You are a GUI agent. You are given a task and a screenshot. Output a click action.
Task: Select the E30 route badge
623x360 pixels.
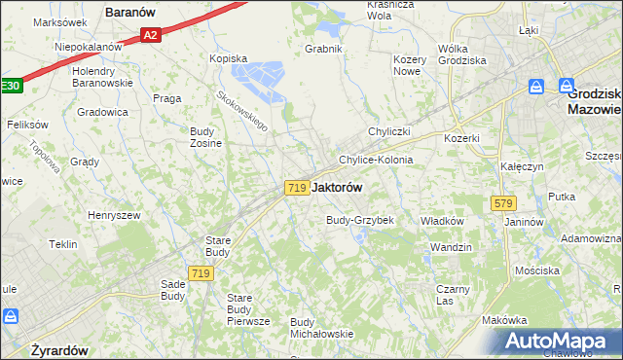click(x=9, y=86)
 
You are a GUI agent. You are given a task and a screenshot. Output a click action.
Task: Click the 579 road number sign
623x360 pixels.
click(x=503, y=203)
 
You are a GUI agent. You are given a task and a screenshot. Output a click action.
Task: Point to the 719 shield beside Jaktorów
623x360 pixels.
click(x=297, y=187)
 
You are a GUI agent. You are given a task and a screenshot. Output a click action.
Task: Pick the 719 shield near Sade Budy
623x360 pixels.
click(x=201, y=274)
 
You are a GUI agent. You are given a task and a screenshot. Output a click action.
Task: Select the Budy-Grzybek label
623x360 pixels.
click(x=359, y=220)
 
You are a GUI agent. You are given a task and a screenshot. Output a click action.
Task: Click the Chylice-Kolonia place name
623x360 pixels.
click(x=376, y=160)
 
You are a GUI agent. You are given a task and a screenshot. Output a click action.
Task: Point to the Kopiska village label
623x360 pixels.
click(x=230, y=58)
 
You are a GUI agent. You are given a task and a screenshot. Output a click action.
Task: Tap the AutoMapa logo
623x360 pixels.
click(x=556, y=342)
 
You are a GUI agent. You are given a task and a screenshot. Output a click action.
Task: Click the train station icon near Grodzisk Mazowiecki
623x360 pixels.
click(x=535, y=88)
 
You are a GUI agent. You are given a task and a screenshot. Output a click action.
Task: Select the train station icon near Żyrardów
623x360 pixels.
click(x=11, y=317)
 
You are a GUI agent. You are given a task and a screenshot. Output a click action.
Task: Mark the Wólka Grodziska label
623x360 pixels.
click(x=466, y=54)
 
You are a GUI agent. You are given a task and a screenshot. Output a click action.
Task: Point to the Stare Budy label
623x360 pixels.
click(x=215, y=245)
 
